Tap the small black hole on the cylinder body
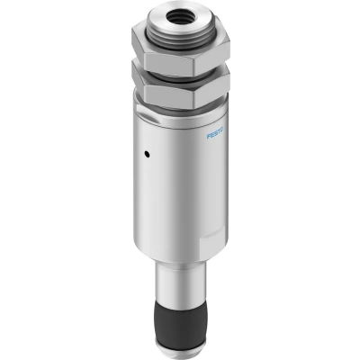147,155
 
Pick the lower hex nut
181,87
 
